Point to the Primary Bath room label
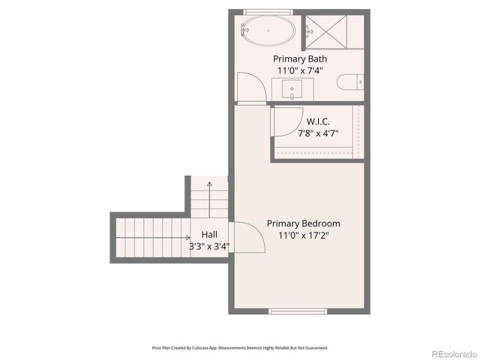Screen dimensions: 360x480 pyautogui.click(x=299, y=58)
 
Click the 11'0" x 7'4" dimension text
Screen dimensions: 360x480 pyautogui.click(x=299, y=70)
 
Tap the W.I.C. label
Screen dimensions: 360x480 pyautogui.click(x=318, y=121)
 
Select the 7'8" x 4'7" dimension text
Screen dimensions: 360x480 pyautogui.click(x=318, y=133)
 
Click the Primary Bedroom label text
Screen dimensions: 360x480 pyautogui.click(x=304, y=223)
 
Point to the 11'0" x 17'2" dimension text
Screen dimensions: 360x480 pyautogui.click(x=304, y=235)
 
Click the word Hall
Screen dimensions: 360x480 pyautogui.click(x=209, y=234)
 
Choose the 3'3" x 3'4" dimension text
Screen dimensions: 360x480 pyautogui.click(x=209, y=245)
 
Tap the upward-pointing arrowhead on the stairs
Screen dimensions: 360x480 pyautogui.click(x=209, y=182)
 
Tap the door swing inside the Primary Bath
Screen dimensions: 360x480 pyautogui.click(x=250, y=85)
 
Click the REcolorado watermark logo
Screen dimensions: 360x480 pyautogui.click(x=453, y=353)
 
